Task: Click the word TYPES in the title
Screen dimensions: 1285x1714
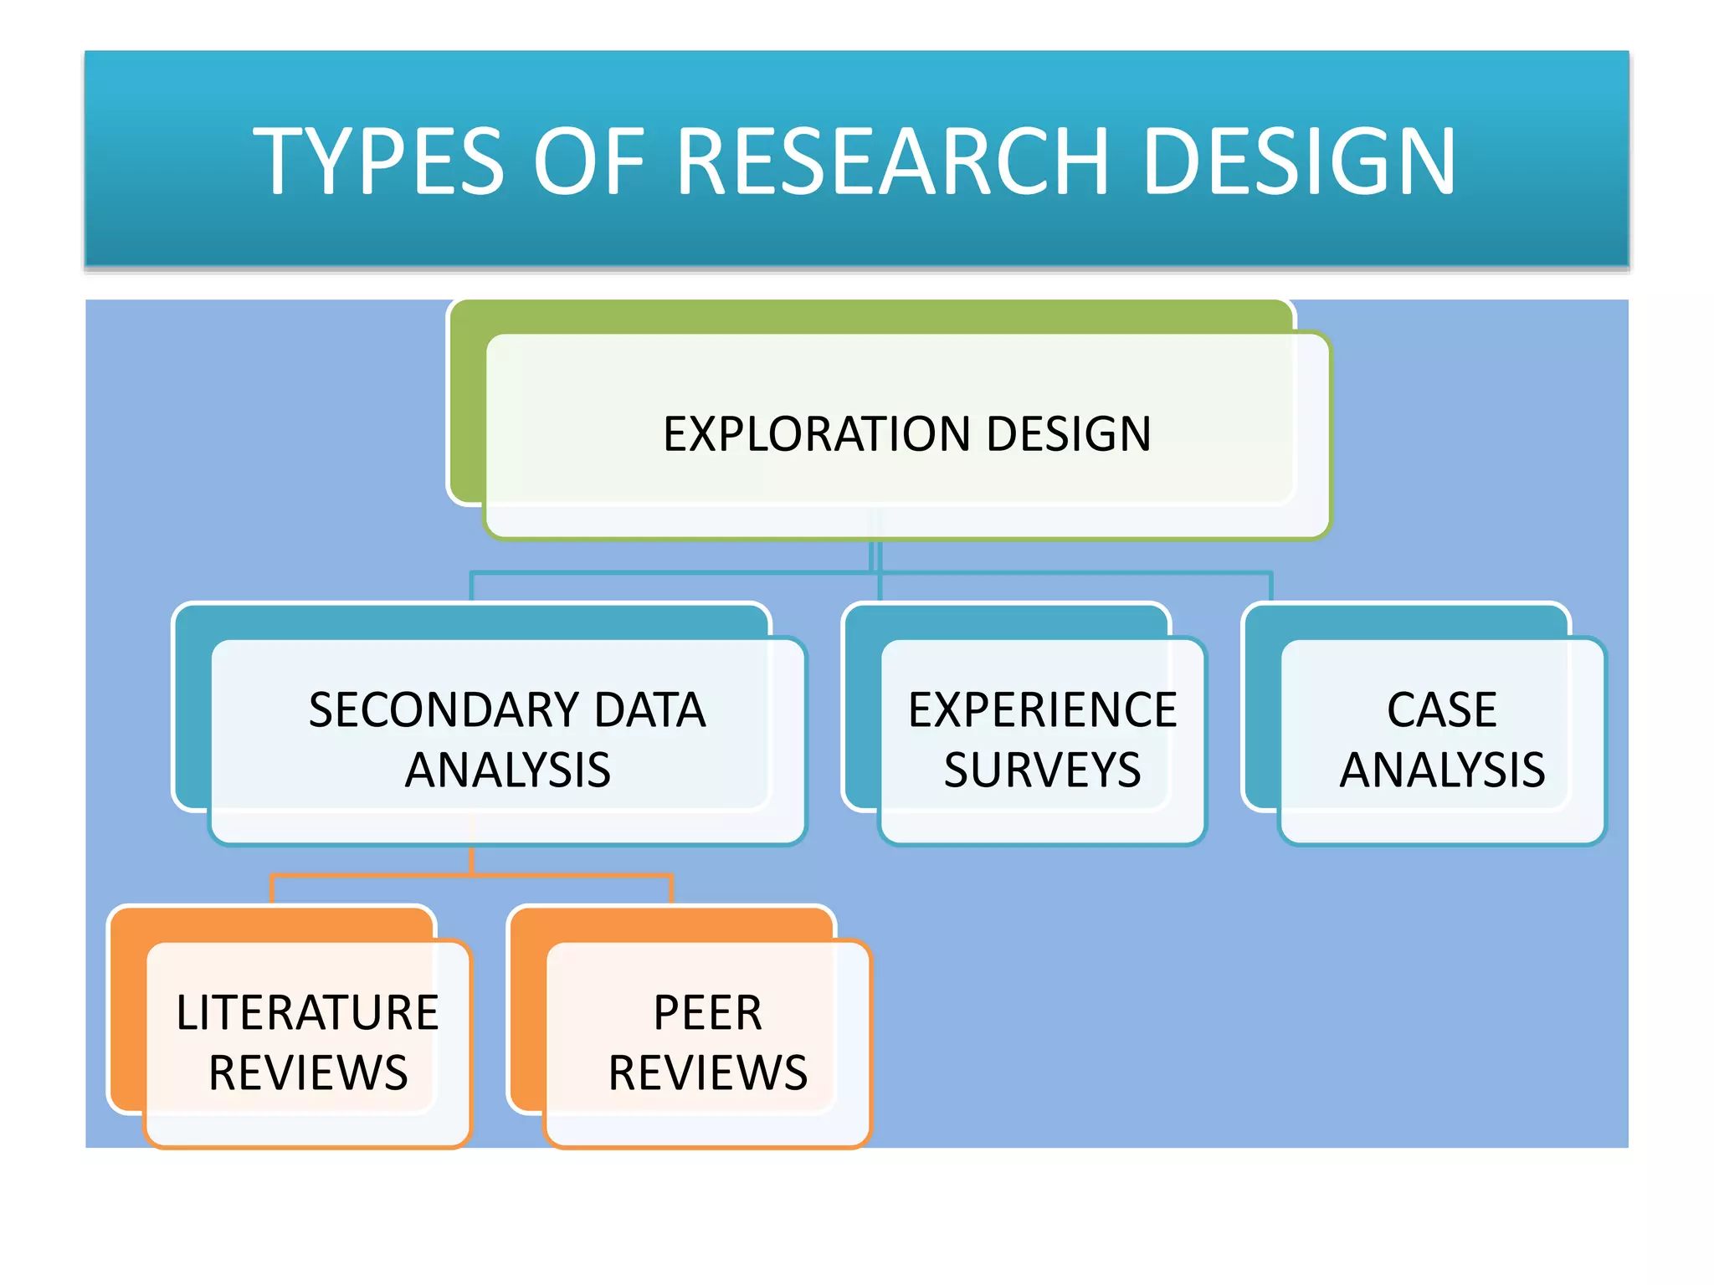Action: [x=378, y=161]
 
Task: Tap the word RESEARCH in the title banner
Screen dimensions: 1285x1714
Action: [x=893, y=160]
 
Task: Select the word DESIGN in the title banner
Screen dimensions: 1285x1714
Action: [x=1299, y=160]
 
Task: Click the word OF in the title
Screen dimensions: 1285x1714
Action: [x=589, y=161]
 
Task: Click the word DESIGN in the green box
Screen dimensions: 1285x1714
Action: [x=1069, y=434]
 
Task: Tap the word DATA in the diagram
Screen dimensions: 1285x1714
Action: [x=650, y=710]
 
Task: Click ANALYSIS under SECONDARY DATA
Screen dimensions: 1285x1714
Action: [x=508, y=770]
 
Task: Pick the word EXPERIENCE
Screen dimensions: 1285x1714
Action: [x=1043, y=710]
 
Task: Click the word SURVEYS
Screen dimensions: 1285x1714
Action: [x=1043, y=770]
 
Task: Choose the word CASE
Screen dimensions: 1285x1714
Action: [x=1442, y=710]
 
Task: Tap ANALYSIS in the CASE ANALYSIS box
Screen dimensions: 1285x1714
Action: [x=1442, y=770]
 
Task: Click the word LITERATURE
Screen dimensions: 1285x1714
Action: [x=307, y=1013]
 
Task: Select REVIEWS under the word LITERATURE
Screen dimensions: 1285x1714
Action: [x=308, y=1073]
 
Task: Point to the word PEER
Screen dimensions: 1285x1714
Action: [x=708, y=1013]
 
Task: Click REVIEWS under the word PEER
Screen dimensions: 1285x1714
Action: [x=708, y=1073]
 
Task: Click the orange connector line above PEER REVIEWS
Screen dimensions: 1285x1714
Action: [x=671, y=888]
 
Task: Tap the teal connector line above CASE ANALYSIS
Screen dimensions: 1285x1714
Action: [x=1271, y=586]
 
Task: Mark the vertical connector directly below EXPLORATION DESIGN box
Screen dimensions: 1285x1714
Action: [x=875, y=556]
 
